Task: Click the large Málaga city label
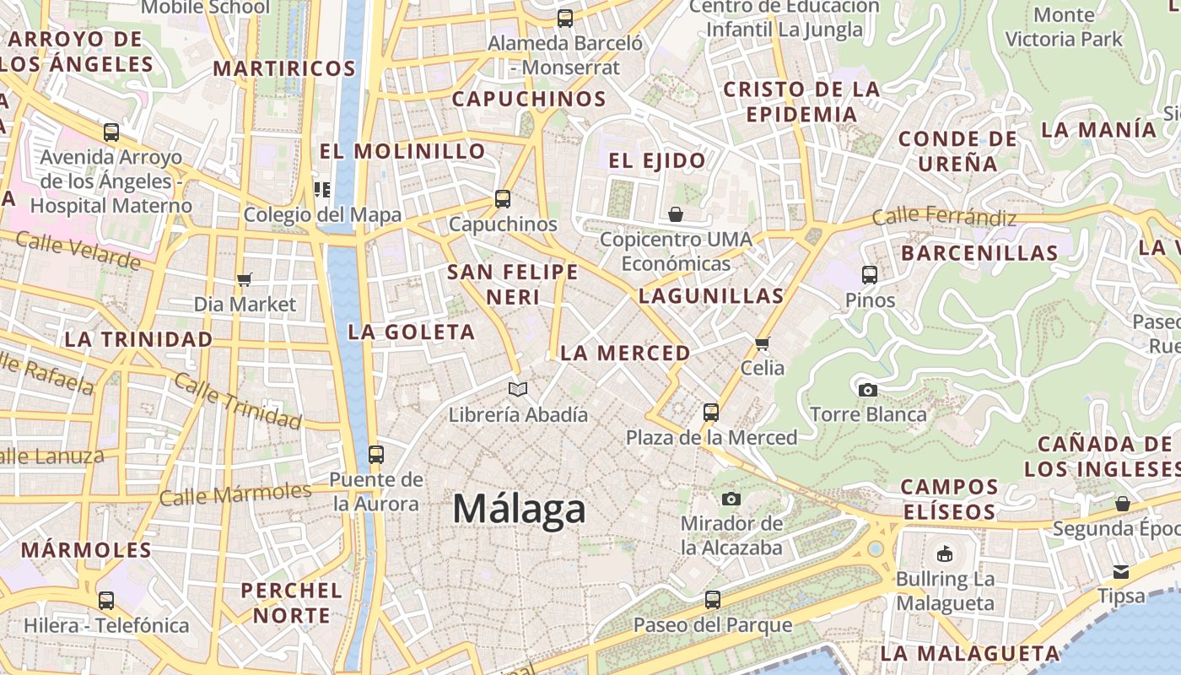pyautogui.click(x=519, y=509)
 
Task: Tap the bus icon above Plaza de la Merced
pyautogui.click(x=711, y=413)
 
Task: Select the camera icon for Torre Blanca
pyautogui.click(x=867, y=390)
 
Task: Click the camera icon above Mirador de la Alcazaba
pyautogui.click(x=731, y=499)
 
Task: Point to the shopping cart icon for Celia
pyautogui.click(x=763, y=343)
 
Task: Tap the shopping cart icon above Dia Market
pyautogui.click(x=245, y=279)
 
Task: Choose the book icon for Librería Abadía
pyautogui.click(x=518, y=389)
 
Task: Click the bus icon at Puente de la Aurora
pyautogui.click(x=376, y=455)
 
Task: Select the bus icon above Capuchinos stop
pyautogui.click(x=503, y=199)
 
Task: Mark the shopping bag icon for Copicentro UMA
pyautogui.click(x=675, y=214)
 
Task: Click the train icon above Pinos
pyautogui.click(x=870, y=275)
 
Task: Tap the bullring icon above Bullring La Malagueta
pyautogui.click(x=945, y=554)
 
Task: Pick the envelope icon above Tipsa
pyautogui.click(x=1121, y=572)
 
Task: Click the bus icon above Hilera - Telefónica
pyautogui.click(x=106, y=601)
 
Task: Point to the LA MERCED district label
pyautogui.click(x=625, y=354)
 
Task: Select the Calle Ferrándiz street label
pyautogui.click(x=944, y=217)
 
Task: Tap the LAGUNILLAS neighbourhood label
pyautogui.click(x=711, y=296)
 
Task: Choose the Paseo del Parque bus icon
pyautogui.click(x=713, y=600)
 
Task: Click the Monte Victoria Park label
pyautogui.click(x=1064, y=27)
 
